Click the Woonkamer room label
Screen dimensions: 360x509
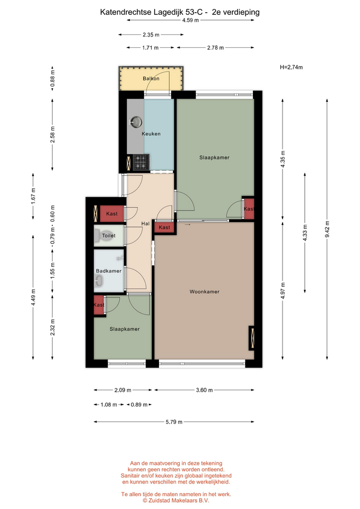point(205,292)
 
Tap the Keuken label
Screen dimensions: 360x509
point(151,134)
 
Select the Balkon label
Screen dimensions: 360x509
point(151,78)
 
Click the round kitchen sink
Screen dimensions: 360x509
point(136,122)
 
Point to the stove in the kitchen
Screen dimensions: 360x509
point(141,162)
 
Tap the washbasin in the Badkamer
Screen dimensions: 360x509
point(99,281)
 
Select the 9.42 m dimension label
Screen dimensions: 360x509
point(327,229)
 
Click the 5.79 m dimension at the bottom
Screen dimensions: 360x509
point(174,422)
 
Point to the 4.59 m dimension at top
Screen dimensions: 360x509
point(190,20)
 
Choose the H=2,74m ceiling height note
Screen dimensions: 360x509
point(291,67)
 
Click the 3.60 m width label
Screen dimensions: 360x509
point(204,390)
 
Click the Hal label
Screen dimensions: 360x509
point(145,223)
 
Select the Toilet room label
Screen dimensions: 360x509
point(109,235)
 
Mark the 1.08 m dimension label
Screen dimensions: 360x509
point(109,405)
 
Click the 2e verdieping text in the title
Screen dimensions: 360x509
point(236,12)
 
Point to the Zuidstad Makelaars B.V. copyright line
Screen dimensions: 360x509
point(176,501)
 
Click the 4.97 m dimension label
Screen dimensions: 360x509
point(283,291)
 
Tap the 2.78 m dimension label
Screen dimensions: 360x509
point(216,48)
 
